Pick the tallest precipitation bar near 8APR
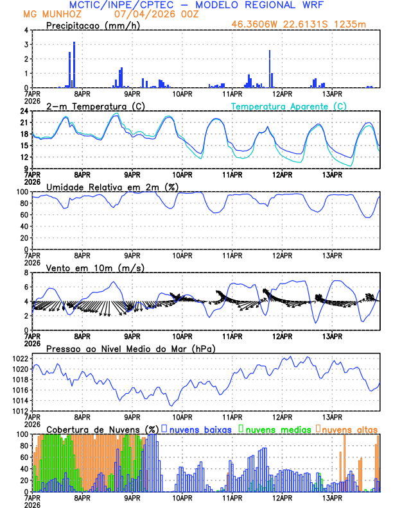click(74, 64)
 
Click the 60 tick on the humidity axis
click(24, 215)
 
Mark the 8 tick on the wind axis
click(27, 273)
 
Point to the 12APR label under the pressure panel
click(282, 416)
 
